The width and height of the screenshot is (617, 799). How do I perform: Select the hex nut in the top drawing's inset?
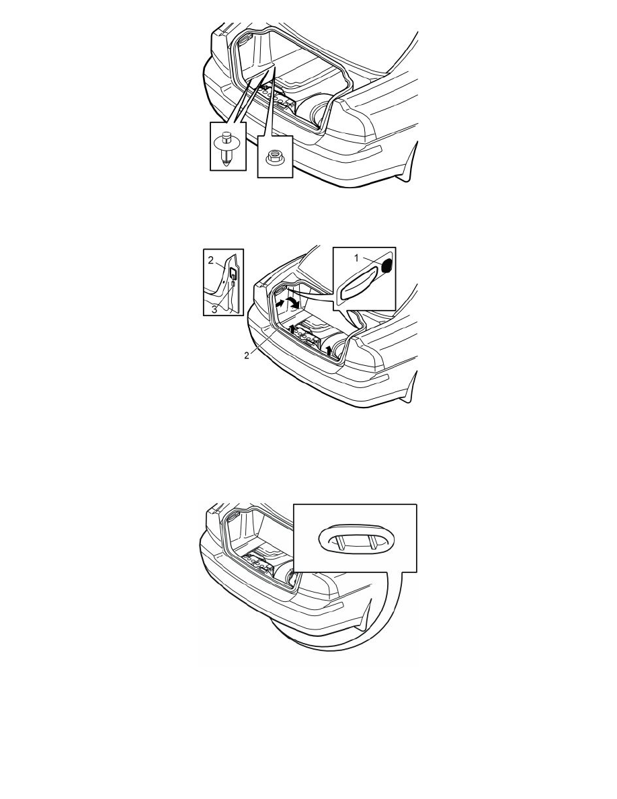point(275,156)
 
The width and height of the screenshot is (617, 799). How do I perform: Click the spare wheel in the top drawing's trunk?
point(312,112)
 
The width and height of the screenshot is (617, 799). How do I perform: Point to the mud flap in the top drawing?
point(410,162)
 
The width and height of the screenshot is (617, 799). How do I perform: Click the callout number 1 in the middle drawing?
point(356,258)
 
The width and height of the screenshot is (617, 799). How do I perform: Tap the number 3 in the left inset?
point(214,309)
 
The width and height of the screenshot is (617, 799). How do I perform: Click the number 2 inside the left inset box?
point(211,260)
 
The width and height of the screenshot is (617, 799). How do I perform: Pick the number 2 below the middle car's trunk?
point(247,356)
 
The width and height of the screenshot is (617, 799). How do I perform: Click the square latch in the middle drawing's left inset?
point(231,272)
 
